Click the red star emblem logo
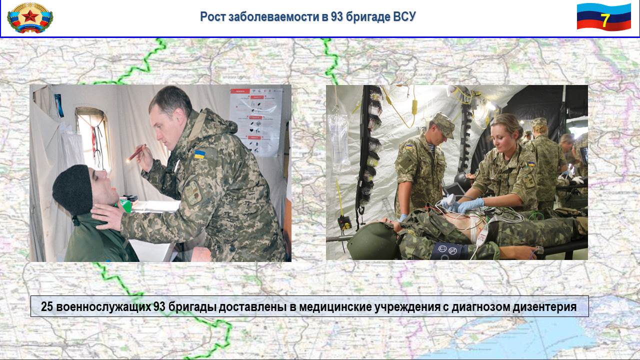pos(30,17)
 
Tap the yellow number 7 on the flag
pos(605,20)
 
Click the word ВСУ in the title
pos(404,16)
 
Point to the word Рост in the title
pos(212,17)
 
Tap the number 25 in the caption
pos(47,306)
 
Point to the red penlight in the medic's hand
pos(137,152)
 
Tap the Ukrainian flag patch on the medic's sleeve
pos(199,154)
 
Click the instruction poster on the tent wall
pos(255,122)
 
